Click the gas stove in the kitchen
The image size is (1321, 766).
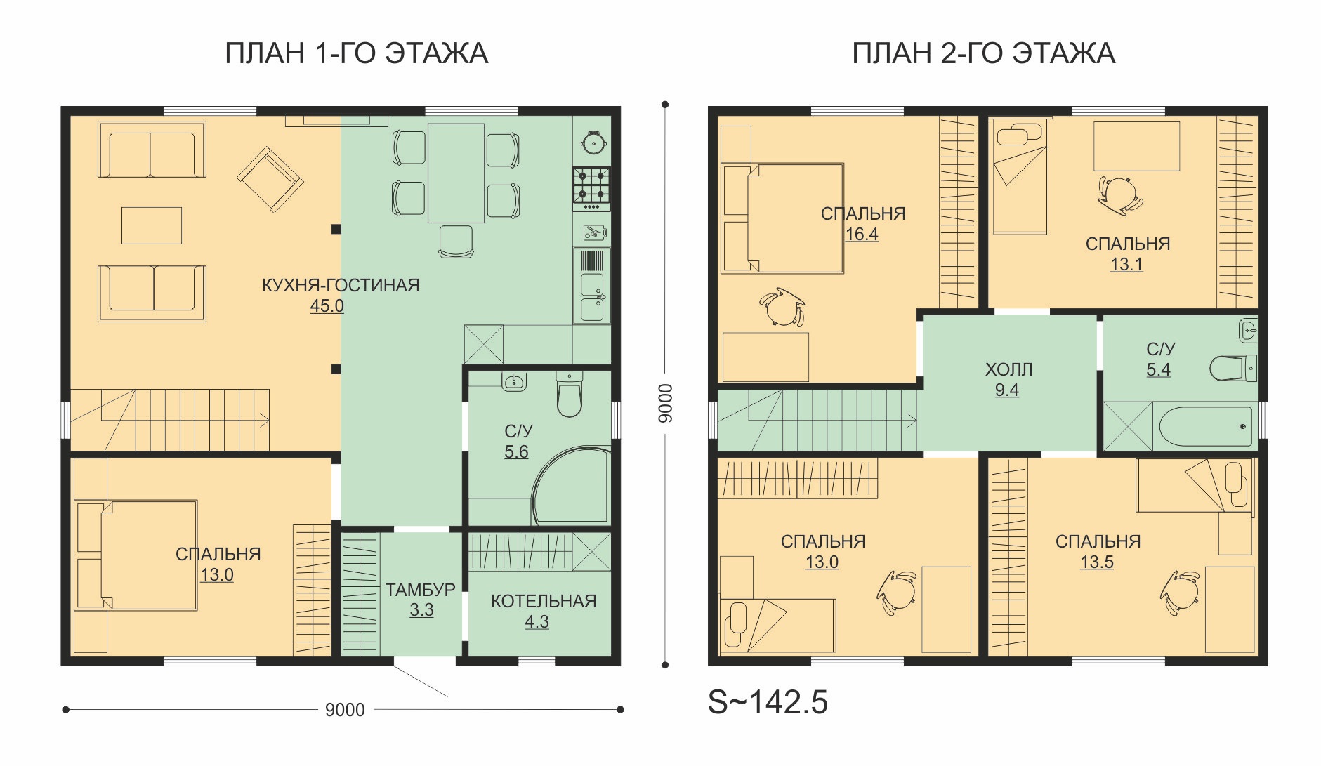pyautogui.click(x=591, y=188)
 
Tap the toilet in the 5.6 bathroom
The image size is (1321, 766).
pyautogui.click(x=569, y=395)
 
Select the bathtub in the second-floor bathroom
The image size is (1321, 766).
pyautogui.click(x=1205, y=426)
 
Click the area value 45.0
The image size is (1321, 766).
pyautogui.click(x=327, y=306)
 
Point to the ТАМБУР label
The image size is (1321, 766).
pyautogui.click(x=420, y=590)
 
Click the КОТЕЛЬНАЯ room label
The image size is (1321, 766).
pyautogui.click(x=544, y=602)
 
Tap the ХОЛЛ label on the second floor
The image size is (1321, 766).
pyautogui.click(x=1008, y=370)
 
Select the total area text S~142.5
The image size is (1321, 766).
pyautogui.click(x=768, y=702)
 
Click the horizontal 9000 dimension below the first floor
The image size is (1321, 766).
pyautogui.click(x=345, y=710)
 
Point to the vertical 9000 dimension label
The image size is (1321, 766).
pyautogui.click(x=665, y=403)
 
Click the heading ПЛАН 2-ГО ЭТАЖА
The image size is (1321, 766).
pyautogui.click(x=983, y=54)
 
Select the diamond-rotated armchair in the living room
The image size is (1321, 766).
pyautogui.click(x=270, y=179)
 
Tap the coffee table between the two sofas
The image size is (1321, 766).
pyautogui.click(x=152, y=225)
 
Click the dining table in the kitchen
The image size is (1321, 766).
pyautogui.click(x=456, y=173)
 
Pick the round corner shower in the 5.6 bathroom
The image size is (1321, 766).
pyautogui.click(x=570, y=486)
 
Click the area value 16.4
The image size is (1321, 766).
pyautogui.click(x=862, y=235)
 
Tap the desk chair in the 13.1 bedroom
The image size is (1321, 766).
pyautogui.click(x=1119, y=194)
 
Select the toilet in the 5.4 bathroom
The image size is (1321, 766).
pyautogui.click(x=1233, y=368)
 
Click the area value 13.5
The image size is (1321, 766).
pyautogui.click(x=1097, y=562)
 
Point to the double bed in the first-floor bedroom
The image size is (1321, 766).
pyautogui.click(x=136, y=555)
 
